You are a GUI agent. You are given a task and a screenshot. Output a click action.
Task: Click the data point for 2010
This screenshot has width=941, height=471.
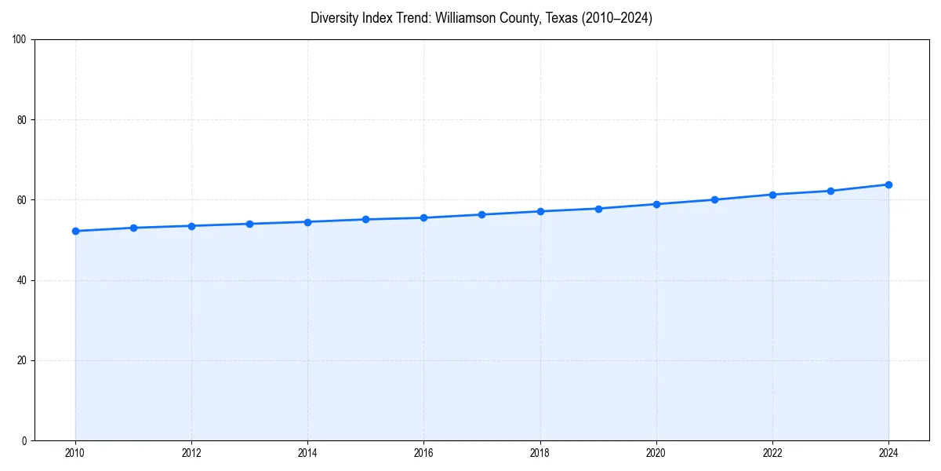(75, 231)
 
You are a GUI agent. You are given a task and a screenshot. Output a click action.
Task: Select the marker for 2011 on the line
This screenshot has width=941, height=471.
(133, 228)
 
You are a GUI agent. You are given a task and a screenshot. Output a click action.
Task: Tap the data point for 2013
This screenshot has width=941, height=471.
(249, 224)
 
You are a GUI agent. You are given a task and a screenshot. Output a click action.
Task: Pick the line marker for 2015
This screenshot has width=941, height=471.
(365, 219)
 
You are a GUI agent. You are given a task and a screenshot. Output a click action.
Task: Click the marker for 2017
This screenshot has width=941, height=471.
(481, 214)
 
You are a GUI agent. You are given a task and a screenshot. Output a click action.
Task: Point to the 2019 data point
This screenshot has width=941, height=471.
(598, 209)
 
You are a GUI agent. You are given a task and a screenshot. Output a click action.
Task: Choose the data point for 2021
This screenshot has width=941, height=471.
(714, 199)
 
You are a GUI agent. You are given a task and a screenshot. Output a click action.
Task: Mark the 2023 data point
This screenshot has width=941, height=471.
(830, 191)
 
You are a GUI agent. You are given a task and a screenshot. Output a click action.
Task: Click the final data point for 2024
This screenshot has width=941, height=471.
(888, 184)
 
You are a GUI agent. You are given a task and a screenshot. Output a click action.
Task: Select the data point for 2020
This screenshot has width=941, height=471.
(656, 204)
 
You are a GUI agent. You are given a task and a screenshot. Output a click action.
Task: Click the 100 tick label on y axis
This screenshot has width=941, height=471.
(20, 39)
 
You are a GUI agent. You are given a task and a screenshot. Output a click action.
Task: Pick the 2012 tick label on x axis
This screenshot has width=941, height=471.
(191, 453)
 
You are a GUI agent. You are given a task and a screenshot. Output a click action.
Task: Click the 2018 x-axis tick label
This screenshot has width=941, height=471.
(540, 453)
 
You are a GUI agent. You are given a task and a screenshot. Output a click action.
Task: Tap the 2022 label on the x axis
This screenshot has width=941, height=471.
(772, 453)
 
